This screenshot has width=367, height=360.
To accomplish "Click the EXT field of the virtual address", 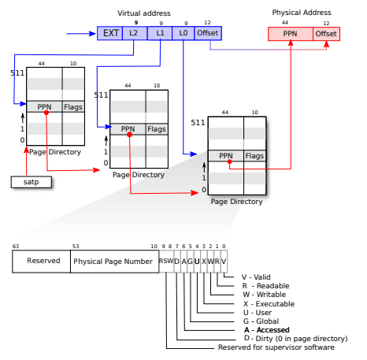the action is coord(110,33).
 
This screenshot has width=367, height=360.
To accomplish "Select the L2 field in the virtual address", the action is coord(135,33).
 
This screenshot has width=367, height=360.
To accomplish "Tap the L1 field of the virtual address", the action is coord(160,33).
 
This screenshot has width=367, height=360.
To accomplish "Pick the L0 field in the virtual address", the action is coord(183,33).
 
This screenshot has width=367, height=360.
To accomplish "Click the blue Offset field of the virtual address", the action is coord(208,33).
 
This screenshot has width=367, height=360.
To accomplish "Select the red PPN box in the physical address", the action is coord(291,34).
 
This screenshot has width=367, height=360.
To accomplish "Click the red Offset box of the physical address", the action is coord(326,34).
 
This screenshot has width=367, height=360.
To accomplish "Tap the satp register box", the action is coord(32,182).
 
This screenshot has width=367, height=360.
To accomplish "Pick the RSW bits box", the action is coord(166,262).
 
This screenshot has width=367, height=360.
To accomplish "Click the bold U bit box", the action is coord(197,262).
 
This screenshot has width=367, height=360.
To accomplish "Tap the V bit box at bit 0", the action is coord(224,262).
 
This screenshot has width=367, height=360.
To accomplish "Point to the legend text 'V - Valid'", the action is coord(256,277).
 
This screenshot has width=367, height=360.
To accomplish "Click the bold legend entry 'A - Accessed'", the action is coord(267,330).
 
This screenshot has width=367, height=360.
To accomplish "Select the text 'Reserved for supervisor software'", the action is coord(276,347).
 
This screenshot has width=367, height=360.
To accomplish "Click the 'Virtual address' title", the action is coord(144,13).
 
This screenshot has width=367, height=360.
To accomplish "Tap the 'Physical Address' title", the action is coord(302,13).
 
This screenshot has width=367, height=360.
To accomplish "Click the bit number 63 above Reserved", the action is coord(16,246).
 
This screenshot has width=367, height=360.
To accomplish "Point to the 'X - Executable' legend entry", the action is coord(269,304).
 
